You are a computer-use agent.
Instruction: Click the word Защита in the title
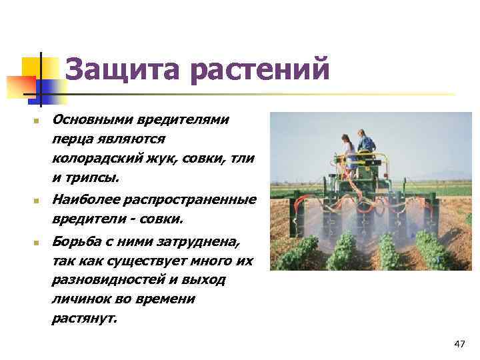[117, 69]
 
